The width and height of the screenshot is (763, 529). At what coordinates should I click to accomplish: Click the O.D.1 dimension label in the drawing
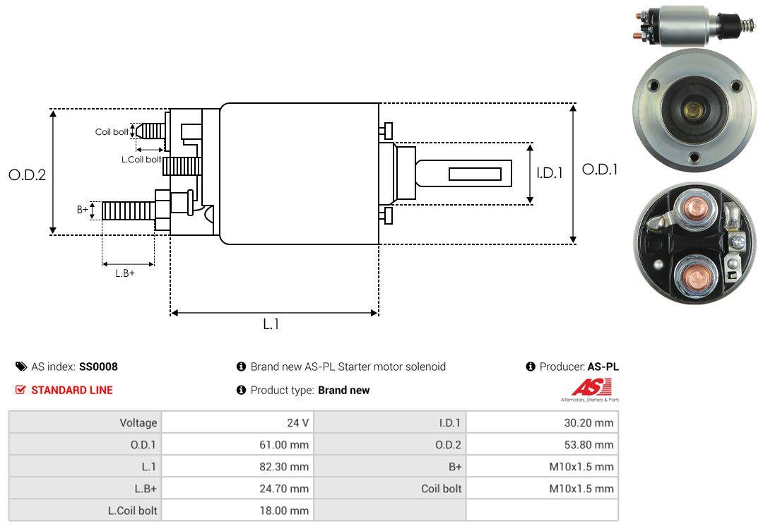click(599, 170)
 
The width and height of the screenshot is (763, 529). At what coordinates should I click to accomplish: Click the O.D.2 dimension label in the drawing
click(27, 174)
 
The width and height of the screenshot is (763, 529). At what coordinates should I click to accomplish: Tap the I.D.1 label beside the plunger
click(549, 172)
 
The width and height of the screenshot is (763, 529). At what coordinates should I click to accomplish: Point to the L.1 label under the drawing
click(272, 324)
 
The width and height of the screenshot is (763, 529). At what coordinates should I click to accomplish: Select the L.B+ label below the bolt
click(125, 273)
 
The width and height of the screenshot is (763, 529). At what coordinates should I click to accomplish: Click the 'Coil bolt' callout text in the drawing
click(112, 132)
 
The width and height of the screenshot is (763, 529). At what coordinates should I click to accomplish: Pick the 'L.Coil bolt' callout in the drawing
click(141, 160)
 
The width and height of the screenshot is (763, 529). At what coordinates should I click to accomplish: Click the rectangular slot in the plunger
click(475, 174)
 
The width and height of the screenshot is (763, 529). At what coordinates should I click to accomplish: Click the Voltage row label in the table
click(138, 423)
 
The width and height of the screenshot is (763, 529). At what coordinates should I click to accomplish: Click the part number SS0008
click(98, 367)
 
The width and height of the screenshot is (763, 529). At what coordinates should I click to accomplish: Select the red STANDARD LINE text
click(71, 390)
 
